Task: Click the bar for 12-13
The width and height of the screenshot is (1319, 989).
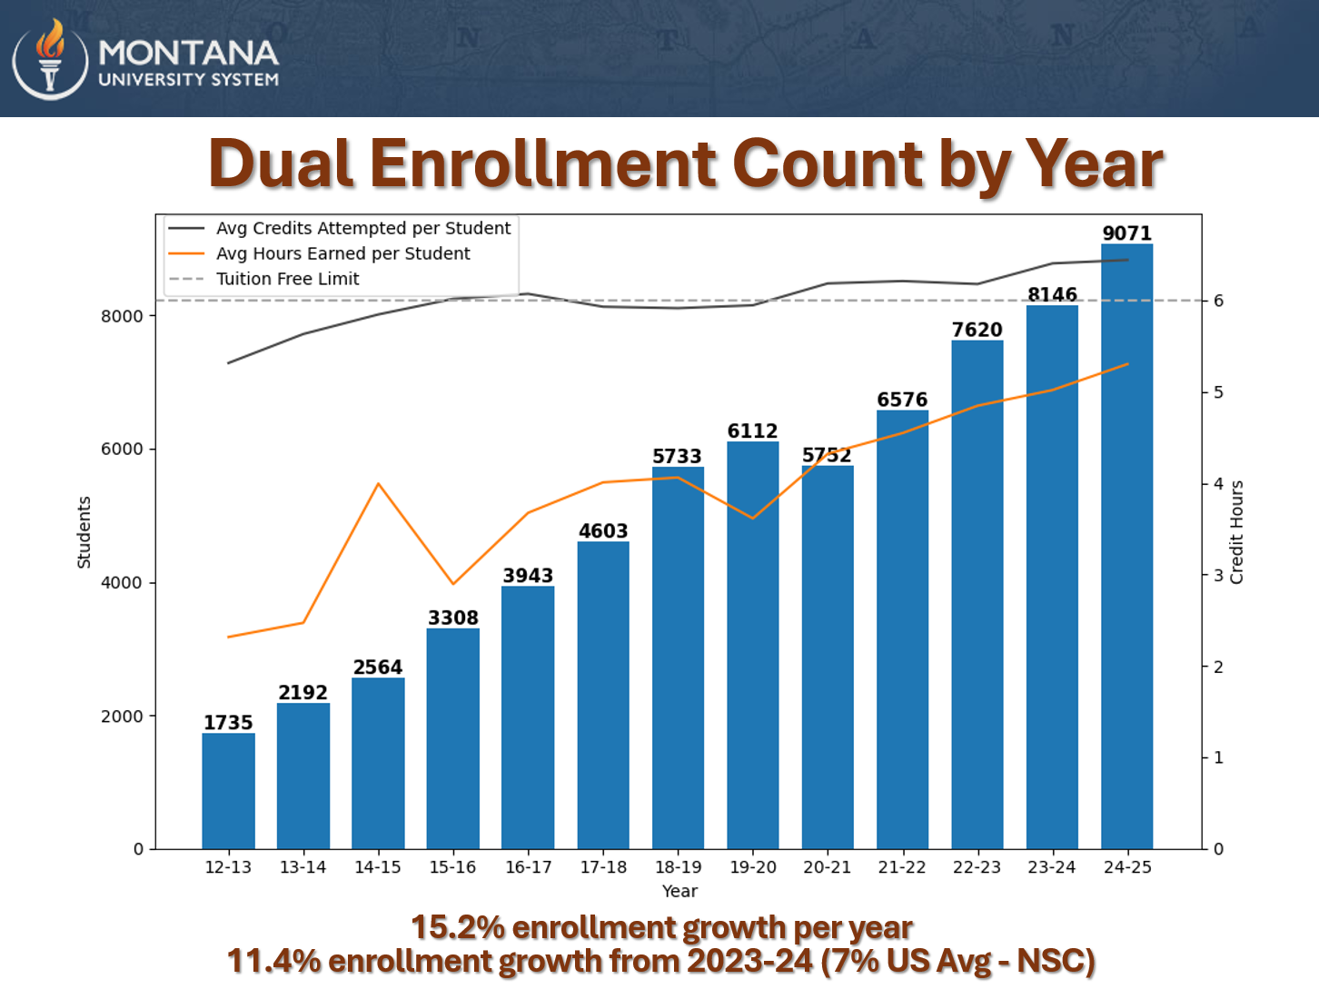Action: point(228,790)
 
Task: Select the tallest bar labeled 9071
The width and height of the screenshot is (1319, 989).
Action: point(1126,545)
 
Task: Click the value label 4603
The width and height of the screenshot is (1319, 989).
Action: point(603,531)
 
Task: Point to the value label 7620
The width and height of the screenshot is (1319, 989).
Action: point(977,330)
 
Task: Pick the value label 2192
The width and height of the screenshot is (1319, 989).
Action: point(302,693)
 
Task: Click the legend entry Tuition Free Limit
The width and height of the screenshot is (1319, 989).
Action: point(287,279)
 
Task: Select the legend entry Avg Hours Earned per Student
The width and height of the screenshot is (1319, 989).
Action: point(342,253)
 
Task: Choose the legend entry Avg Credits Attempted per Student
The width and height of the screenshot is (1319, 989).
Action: point(362,228)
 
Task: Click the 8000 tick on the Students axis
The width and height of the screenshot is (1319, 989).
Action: point(122,316)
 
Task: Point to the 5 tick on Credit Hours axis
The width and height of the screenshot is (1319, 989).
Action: point(1218,392)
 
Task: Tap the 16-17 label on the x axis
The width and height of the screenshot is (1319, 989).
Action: point(528,867)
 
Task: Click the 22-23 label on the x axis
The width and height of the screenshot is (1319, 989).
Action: point(977,867)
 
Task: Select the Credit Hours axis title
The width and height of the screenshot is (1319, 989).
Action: point(1236,531)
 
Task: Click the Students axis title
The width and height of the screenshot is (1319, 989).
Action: point(84,532)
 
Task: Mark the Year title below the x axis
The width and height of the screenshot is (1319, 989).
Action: point(679,891)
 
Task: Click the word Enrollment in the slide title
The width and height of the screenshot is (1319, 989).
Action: point(542,164)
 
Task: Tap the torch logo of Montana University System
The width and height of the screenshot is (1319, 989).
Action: point(50,58)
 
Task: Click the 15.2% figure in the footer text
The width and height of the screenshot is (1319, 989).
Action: point(457,927)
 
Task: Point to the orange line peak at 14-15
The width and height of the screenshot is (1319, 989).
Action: point(378,483)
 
